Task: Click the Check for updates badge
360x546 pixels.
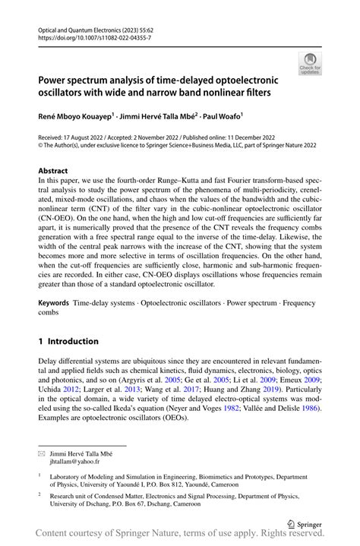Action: pyautogui.click(x=310, y=63)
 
